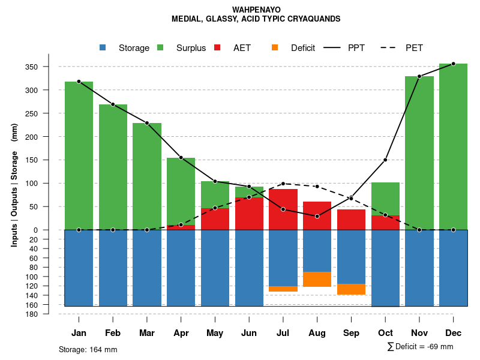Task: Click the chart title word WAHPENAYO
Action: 256,10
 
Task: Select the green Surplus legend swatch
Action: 160,47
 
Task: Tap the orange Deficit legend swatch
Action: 275,47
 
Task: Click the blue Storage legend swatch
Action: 103,47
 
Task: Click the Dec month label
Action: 453,333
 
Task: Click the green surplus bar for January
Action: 79,156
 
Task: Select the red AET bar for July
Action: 283,209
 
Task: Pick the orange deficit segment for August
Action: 317,279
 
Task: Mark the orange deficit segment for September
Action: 351,289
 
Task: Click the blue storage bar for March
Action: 147,268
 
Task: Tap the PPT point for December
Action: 453,64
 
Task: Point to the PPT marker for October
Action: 385,160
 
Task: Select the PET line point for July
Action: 283,184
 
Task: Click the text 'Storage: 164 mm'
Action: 88,349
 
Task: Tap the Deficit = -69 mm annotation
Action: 421,346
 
